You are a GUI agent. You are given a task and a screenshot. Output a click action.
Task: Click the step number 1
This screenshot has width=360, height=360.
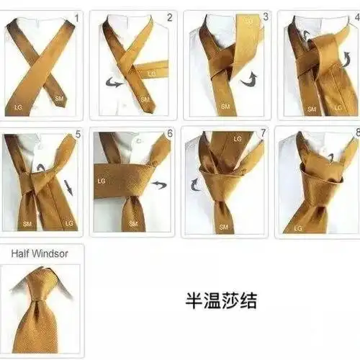tap(78, 15)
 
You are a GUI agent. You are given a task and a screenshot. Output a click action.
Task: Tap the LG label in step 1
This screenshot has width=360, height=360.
tap(18, 107)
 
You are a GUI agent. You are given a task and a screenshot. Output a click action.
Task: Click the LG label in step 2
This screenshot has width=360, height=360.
tap(152, 73)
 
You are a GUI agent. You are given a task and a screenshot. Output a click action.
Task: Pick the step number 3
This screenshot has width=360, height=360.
tap(266, 15)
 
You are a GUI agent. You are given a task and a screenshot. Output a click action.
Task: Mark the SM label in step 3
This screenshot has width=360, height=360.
tap(225, 106)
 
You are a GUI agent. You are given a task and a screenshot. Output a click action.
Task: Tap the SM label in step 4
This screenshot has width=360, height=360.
tap(311, 109)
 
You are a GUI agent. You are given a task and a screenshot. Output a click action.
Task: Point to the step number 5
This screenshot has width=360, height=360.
tap(78, 134)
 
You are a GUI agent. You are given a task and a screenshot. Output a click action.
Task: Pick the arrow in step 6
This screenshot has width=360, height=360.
tap(158, 185)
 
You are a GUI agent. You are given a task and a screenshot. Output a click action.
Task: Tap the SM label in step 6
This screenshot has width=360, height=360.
tap(132, 225)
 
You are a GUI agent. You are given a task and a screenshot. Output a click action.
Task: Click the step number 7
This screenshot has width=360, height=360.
tap(263, 134)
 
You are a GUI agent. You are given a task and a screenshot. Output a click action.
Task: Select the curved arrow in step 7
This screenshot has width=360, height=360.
tap(196, 185)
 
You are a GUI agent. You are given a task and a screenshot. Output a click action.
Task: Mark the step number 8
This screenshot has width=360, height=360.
tap(356, 133)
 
